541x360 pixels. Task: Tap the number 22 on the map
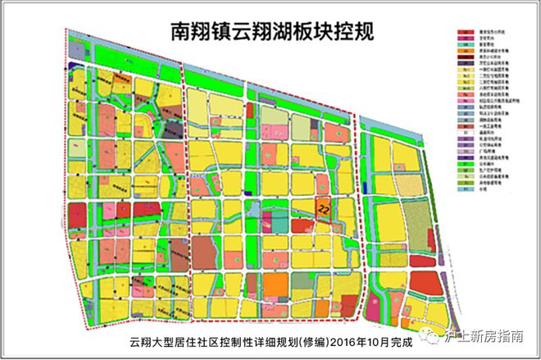click(324, 208)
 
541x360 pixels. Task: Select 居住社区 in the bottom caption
click(198, 342)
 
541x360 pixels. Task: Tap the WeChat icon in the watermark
click(452, 335)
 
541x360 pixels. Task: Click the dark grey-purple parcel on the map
click(170, 129)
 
